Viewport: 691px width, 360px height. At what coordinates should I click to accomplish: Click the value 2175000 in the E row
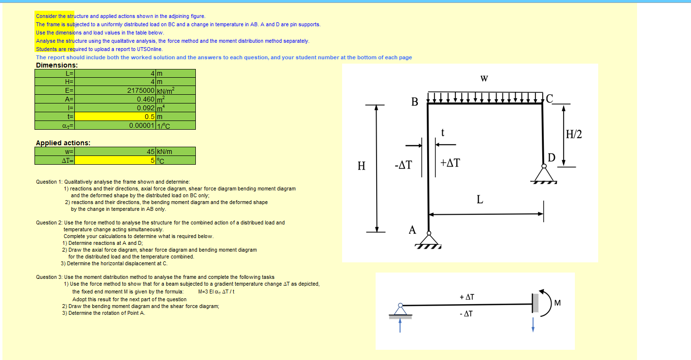point(141,90)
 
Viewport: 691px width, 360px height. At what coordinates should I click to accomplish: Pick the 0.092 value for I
point(145,108)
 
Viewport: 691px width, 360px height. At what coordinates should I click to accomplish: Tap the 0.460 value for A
point(145,99)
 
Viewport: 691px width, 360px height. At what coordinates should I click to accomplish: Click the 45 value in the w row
point(150,152)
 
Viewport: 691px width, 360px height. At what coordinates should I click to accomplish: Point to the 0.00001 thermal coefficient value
point(142,125)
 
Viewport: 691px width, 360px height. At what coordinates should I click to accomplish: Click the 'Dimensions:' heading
point(57,65)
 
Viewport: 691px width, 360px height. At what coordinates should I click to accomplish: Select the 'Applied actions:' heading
point(63,143)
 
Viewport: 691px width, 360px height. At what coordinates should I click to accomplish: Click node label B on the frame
point(415,102)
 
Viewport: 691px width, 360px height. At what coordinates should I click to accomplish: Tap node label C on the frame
point(549,99)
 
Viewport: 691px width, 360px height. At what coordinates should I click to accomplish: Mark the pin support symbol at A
point(428,240)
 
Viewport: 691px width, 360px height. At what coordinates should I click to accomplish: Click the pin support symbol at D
point(544,174)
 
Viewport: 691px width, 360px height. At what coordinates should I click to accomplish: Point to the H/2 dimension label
point(574,134)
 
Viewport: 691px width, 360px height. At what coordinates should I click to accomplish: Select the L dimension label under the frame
point(480,200)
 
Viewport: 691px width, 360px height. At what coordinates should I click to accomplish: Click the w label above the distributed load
point(484,78)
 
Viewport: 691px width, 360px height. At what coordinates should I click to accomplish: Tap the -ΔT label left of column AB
point(403,165)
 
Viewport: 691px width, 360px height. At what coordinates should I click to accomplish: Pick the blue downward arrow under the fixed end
point(533,324)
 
